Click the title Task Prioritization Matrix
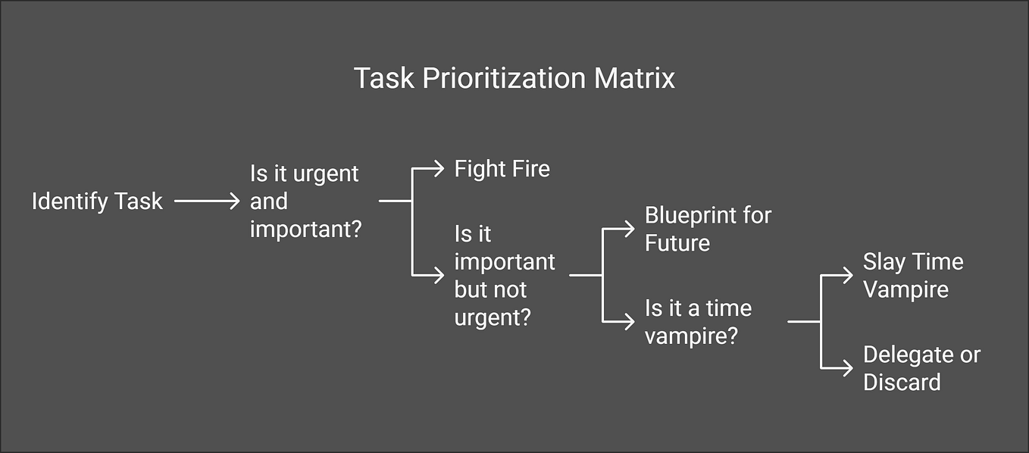[x=514, y=78]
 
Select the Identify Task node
[x=97, y=202]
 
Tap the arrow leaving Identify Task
[x=207, y=202]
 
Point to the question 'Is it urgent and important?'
[x=305, y=202]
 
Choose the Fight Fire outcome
[x=502, y=169]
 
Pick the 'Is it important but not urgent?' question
[x=505, y=276]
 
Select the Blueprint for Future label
[x=708, y=230]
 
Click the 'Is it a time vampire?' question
[x=698, y=322]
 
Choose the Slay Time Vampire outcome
[x=913, y=276]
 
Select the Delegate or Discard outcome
[x=921, y=368]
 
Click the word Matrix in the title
[x=634, y=78]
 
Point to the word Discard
[x=902, y=383]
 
